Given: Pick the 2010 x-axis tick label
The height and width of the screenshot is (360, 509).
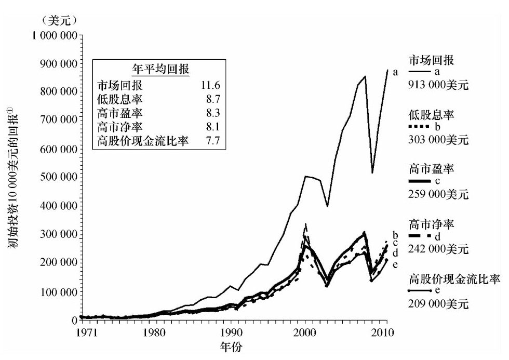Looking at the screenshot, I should pos(382,331).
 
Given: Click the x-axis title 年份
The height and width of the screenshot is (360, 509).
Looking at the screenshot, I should pos(231,345).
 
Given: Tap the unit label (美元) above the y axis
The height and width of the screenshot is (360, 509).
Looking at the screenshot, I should pos(58,21).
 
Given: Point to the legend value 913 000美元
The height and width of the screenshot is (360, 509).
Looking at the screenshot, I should pos(439,85).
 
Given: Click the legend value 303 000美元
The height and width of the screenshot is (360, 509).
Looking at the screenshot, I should pos(439,140).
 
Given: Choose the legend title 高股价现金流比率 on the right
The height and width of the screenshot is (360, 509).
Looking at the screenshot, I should pos(454,279).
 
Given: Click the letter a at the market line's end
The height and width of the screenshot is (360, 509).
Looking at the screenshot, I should pos(396,72).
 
